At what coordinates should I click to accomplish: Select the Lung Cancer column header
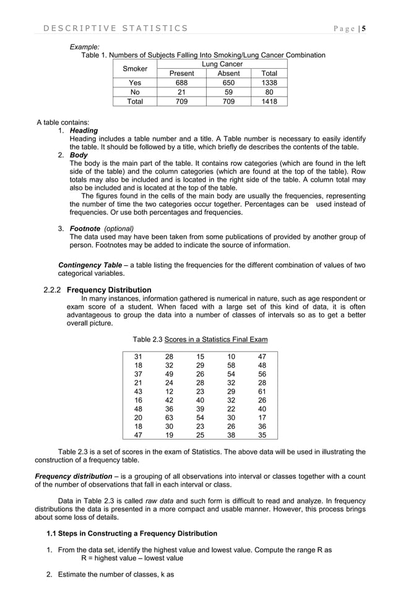point(222,64)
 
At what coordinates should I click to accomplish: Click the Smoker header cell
point(135,69)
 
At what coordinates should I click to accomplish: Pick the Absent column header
point(228,74)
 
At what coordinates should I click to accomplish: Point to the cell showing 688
point(181,83)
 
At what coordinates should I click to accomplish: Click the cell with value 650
point(228,83)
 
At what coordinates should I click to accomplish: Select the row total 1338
point(269,83)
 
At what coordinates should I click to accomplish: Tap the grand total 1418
point(269,102)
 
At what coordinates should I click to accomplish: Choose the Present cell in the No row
point(181,92)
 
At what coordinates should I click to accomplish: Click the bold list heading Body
point(79,155)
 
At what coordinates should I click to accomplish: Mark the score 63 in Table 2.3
point(169,418)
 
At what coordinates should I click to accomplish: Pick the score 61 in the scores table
point(262,392)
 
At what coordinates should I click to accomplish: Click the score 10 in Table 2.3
point(231,356)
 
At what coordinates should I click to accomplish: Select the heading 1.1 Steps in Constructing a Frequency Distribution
point(132,534)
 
